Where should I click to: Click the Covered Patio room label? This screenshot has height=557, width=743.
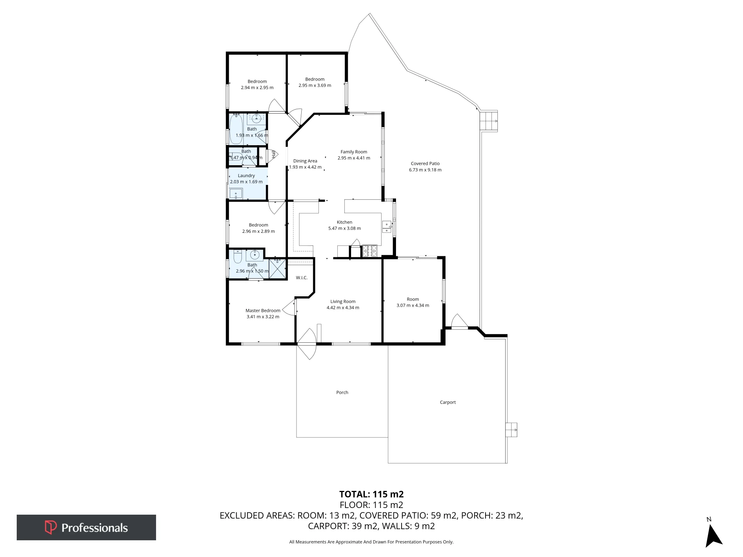coord(425,163)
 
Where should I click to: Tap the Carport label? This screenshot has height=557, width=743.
coord(448,402)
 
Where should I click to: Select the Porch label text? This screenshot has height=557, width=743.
coord(342,392)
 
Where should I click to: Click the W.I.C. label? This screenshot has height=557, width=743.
coord(302,278)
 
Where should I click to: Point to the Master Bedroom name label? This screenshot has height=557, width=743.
coord(263,310)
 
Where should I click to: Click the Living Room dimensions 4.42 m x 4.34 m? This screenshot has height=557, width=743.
coord(343,307)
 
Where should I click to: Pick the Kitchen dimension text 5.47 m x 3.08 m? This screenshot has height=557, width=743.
coord(344,228)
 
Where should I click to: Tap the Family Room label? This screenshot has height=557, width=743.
coord(354,152)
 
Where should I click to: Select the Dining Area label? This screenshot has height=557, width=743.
coord(305,161)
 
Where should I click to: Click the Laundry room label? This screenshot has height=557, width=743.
coord(246,176)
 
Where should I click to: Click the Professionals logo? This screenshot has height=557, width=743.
coord(86,527)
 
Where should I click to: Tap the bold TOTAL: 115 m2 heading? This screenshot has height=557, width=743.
coord(371,494)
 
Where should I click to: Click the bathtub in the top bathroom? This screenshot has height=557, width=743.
coord(236,129)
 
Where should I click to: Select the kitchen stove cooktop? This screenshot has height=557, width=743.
coord(370,251)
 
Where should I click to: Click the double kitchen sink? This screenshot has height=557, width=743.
coord(387,227)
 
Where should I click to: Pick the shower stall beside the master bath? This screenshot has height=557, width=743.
coord(278,268)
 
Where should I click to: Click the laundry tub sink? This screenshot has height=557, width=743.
coord(236,193)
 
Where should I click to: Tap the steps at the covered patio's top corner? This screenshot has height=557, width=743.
coord(489,121)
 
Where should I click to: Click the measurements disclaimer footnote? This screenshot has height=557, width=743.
coord(371,542)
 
